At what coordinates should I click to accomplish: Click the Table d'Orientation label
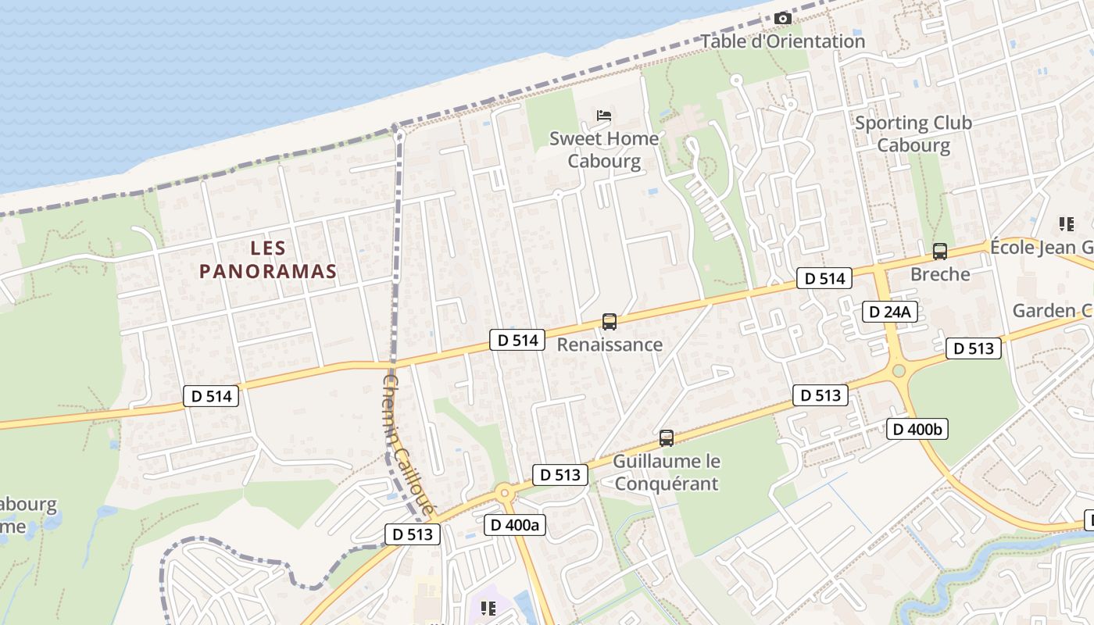(782, 41)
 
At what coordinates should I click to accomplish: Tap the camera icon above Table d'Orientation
(782, 18)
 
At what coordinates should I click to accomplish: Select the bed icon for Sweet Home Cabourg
(604, 116)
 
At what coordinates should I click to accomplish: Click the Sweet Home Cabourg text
(604, 150)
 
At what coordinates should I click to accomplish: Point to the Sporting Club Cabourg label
(913, 134)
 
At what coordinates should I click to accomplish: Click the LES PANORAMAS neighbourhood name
(268, 259)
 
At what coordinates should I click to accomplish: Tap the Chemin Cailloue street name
(408, 444)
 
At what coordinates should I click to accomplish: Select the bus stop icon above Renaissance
(609, 321)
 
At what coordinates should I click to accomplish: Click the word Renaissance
(609, 345)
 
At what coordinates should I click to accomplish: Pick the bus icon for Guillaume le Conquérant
(666, 438)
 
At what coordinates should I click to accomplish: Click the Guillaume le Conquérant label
(666, 472)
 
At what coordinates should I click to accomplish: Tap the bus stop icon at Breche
(939, 252)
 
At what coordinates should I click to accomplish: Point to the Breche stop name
(939, 274)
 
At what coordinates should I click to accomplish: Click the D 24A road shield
(890, 312)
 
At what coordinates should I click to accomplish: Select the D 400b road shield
(917, 428)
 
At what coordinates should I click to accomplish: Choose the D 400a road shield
(514, 524)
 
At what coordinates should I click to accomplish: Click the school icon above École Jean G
(1066, 225)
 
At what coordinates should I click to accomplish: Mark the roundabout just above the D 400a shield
(504, 492)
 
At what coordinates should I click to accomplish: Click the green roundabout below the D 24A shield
(898, 371)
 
